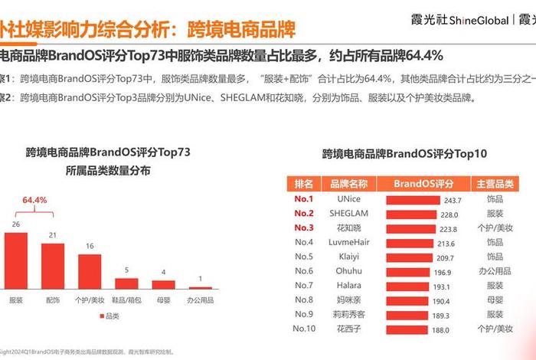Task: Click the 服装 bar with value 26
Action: click(16, 260)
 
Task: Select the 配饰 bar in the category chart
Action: click(53, 266)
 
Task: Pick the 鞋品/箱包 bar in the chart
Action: click(127, 283)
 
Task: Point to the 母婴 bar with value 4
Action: click(164, 284)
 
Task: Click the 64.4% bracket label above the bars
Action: click(34, 201)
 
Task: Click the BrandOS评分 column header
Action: click(424, 184)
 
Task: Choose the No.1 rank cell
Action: click(304, 199)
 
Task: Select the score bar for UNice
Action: click(413, 199)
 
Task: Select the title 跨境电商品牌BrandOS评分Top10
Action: click(404, 153)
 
